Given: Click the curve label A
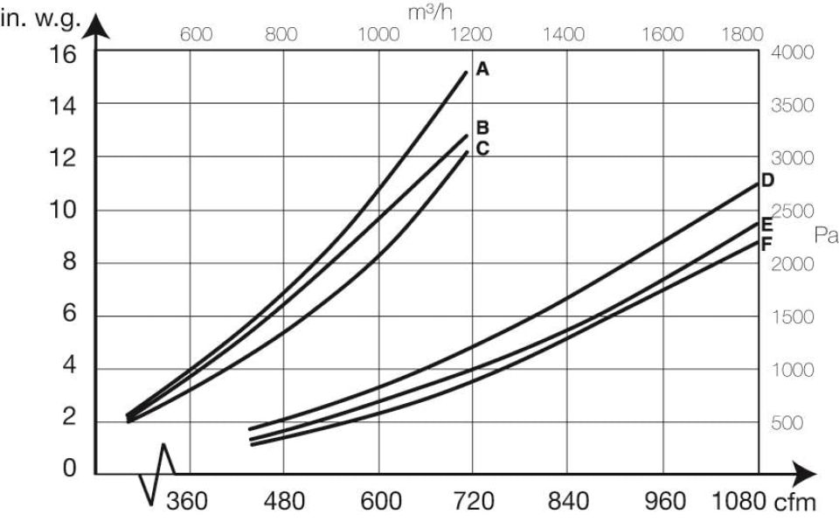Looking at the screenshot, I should tap(482, 70).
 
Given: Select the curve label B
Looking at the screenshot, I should tap(482, 128).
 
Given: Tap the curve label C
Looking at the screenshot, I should tap(482, 149).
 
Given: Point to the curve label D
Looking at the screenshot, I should tap(766, 181).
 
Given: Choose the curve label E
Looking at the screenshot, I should tap(766, 224).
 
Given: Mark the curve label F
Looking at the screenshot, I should tap(766, 244).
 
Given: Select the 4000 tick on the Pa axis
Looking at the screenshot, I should tap(793, 52).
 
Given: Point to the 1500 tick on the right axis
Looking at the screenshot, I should tap(793, 316).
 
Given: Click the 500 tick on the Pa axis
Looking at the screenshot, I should tap(787, 423).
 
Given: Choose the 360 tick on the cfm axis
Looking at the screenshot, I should tap(187, 502).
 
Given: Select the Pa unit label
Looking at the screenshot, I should tap(825, 234).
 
